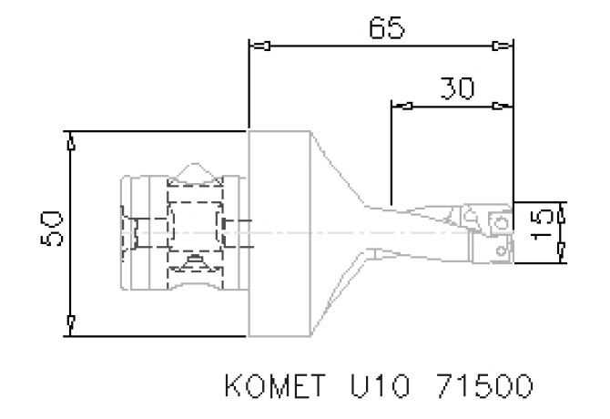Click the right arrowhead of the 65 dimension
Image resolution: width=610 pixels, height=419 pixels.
coord(502,46)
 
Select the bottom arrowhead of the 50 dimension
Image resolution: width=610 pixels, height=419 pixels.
coord(71,324)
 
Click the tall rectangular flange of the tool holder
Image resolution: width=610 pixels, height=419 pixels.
coord(279,233)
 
